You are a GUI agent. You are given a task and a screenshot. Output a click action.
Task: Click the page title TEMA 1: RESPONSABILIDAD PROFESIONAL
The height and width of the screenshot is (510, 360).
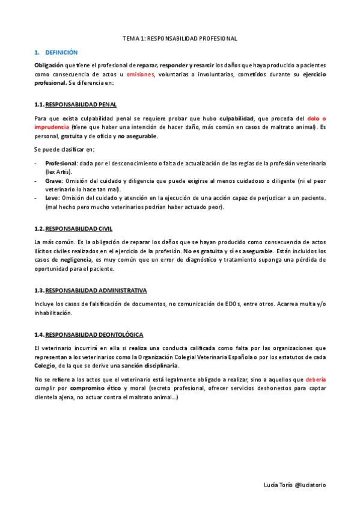point(180,38)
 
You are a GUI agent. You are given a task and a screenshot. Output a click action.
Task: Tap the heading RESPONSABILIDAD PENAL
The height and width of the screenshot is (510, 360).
point(81,104)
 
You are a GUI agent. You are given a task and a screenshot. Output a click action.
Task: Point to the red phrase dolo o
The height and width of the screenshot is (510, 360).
point(316,118)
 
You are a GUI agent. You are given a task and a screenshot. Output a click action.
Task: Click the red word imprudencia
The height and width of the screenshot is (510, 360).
point(52,127)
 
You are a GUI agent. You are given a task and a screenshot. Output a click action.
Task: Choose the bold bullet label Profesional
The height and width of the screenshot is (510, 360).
point(61,164)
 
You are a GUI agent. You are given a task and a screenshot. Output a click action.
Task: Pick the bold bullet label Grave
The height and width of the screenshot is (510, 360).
point(53,180)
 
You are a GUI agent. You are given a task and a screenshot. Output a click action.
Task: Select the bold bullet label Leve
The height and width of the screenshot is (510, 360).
point(52,198)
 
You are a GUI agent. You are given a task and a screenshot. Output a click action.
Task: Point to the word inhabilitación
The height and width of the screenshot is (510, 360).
point(53,313)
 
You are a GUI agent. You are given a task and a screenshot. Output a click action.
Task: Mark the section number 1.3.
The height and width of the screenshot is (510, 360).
point(39,290)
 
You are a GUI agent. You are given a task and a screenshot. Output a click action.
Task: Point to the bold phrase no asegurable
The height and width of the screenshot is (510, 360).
point(138,136)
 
